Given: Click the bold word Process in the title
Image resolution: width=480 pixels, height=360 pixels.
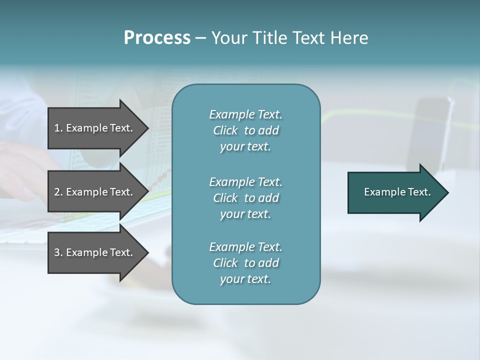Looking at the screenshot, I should coord(157,38).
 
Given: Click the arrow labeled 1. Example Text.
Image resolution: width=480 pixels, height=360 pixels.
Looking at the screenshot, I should coord(95,128).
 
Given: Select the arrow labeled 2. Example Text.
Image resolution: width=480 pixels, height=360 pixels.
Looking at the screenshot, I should coord(95,192).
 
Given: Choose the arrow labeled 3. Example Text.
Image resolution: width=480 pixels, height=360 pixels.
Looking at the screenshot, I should coord(95,252).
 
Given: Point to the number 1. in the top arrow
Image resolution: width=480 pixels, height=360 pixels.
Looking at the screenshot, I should coord(58,128).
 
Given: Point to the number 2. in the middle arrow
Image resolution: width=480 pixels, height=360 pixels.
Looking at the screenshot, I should coord(58,192).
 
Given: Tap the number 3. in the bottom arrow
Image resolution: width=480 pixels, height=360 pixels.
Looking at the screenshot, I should coord(58,252).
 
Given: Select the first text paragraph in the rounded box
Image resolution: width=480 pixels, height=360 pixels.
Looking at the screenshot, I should coord(245,130).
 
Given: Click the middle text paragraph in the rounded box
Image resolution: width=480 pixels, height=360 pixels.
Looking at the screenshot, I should coord(245,198).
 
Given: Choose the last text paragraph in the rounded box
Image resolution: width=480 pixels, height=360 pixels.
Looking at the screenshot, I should coord(245,263).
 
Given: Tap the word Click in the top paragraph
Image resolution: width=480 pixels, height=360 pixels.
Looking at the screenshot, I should coord(225,130).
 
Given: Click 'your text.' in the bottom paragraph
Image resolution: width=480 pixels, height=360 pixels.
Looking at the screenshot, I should coord(245,279).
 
